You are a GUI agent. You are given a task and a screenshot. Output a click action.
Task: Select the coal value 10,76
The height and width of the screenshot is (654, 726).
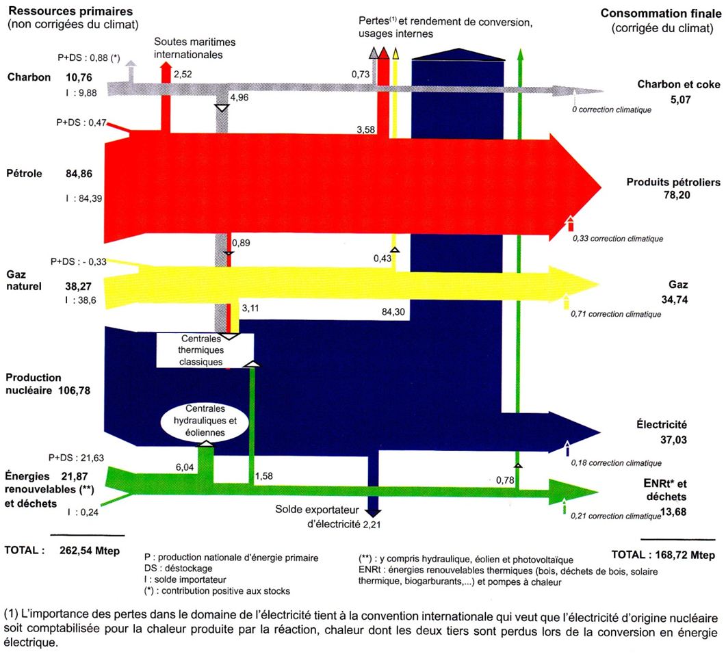(x=79, y=77)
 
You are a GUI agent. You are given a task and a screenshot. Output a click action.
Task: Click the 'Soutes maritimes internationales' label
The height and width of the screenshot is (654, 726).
(x=188, y=48)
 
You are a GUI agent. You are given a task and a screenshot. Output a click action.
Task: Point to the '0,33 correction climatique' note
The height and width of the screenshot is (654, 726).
(x=618, y=239)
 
